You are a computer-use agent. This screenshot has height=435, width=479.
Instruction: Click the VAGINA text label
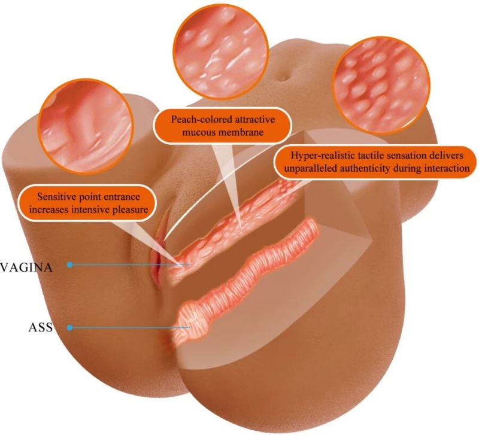point(26,267)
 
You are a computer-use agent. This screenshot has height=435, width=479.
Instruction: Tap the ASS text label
point(41,327)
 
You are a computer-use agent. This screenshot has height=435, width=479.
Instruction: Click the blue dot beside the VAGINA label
point(70,264)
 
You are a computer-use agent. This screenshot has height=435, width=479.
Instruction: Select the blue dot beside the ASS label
point(70,328)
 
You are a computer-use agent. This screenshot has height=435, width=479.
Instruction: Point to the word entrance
point(122,197)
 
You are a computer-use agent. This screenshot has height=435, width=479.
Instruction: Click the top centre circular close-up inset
point(220,51)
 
